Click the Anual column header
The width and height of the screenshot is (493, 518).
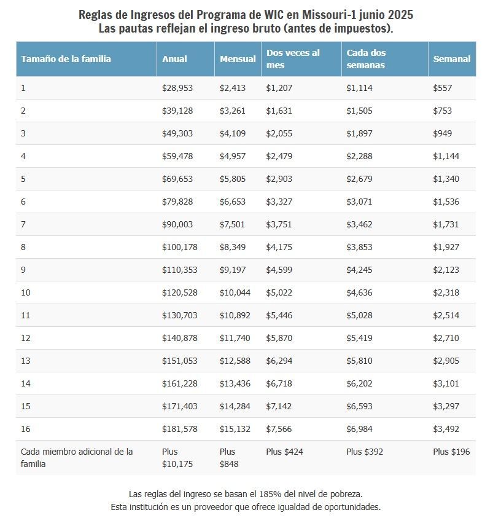coord(174,59)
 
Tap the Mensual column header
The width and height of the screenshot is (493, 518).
coord(238,59)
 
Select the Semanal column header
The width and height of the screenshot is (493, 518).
coord(451,59)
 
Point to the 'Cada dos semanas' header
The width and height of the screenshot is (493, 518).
coord(366,59)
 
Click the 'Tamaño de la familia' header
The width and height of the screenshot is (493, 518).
coord(66,59)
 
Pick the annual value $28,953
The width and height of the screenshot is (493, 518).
coord(177,88)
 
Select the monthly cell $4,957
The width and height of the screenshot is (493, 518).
coord(233,156)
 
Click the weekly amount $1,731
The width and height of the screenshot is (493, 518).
coord(446,224)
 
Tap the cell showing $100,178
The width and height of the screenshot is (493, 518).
coord(179,247)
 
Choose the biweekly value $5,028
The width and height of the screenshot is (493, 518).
coord(359,315)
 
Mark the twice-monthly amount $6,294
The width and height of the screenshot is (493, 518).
coord(279,361)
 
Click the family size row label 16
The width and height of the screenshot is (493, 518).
coord(25,429)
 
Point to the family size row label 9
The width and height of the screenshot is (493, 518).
coord(23,270)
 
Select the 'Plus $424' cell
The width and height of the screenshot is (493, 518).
coord(284,452)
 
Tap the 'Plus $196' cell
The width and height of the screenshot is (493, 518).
coord(451,452)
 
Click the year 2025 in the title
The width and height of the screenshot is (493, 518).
coord(400,15)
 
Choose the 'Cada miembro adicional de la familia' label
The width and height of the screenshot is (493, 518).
coord(77,458)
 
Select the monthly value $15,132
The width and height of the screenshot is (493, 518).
coord(235,429)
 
